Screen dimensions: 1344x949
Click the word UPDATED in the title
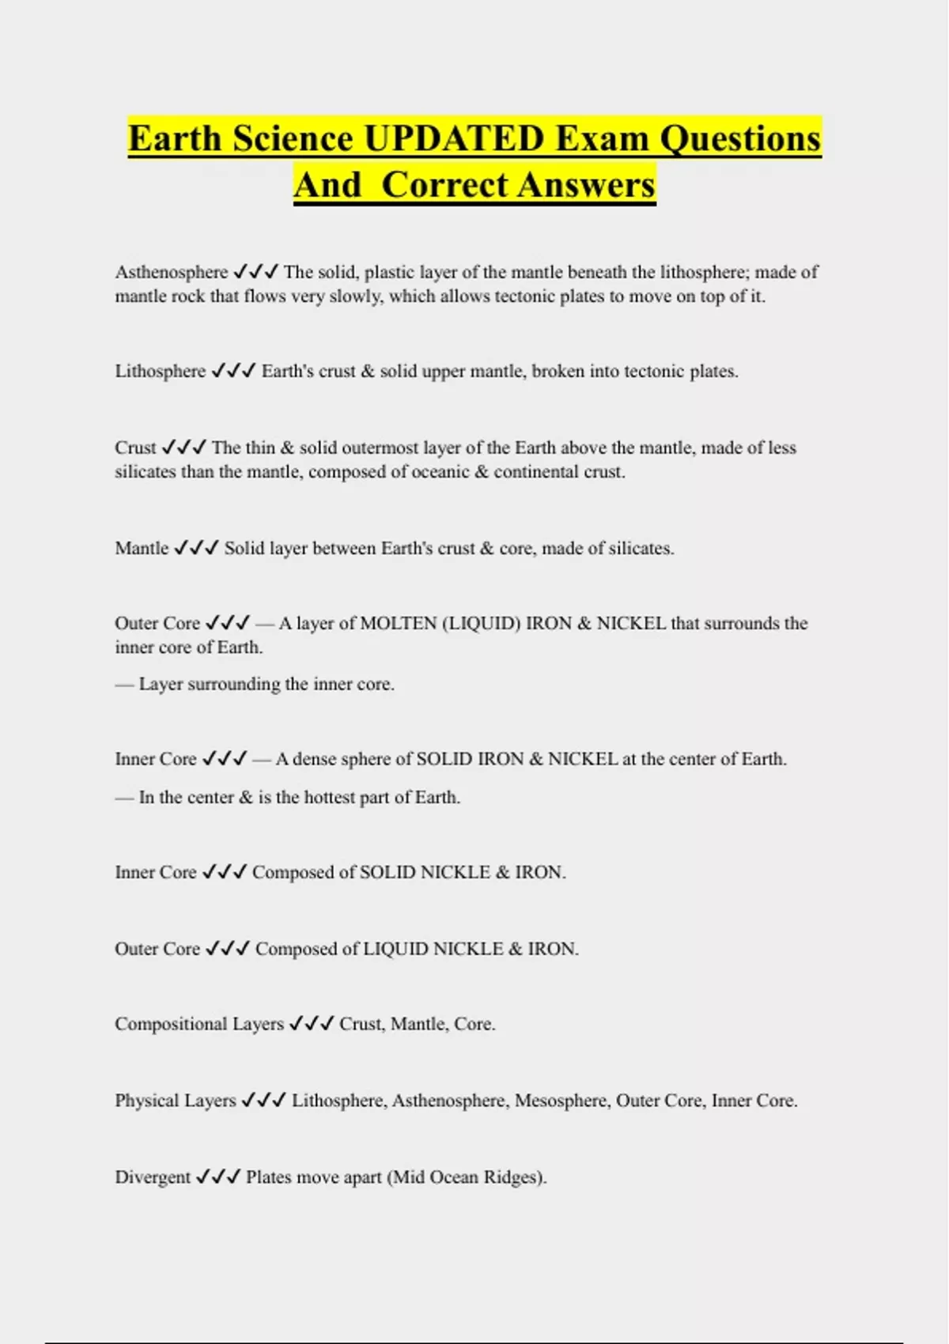coord(453,138)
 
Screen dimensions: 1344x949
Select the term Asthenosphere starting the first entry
coord(171,272)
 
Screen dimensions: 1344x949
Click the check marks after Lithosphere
coord(233,371)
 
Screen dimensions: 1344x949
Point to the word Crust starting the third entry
coord(135,447)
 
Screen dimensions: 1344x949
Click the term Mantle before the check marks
coord(142,548)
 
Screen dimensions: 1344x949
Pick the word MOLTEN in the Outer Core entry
coord(398,623)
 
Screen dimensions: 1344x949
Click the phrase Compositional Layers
coord(198,1024)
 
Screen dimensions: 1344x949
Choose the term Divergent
coord(153,1177)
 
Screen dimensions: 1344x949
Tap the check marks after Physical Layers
coord(263,1100)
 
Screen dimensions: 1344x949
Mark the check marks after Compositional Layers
coord(311,1024)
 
